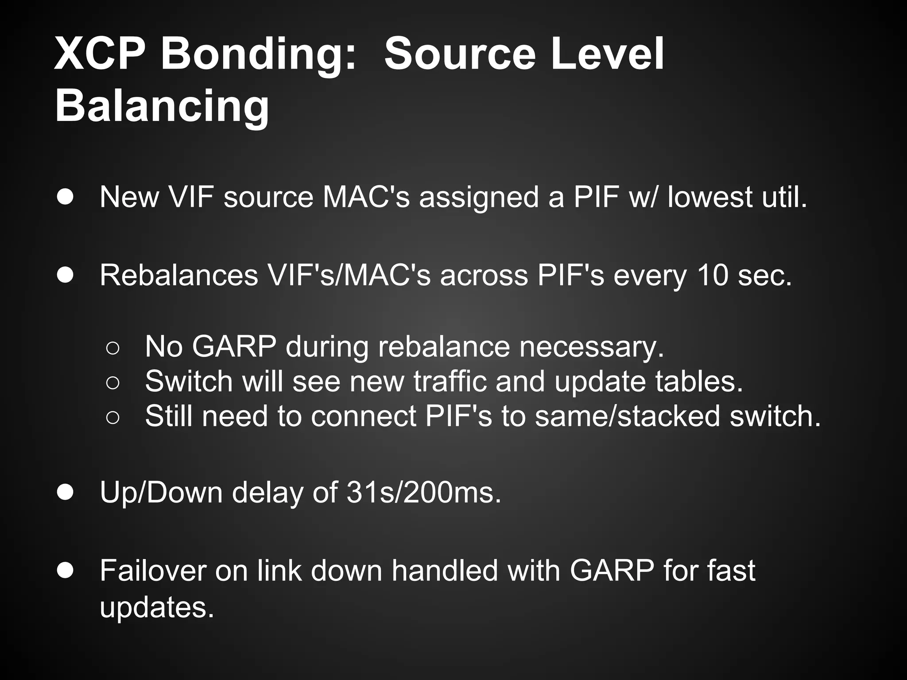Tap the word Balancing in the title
point(162,106)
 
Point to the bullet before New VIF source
point(65,197)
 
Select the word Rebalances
point(178,275)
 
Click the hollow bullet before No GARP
point(112,348)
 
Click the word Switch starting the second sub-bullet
point(189,381)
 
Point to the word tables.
point(698,381)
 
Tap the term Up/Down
point(161,492)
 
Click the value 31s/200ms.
point(423,492)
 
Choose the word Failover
point(152,571)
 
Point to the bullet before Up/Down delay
point(65,492)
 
